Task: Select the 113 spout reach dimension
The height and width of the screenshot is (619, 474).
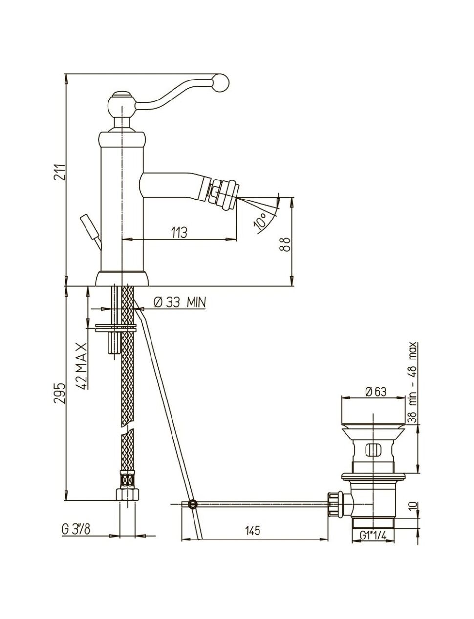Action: coord(179,232)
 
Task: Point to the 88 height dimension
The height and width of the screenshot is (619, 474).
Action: coord(286,244)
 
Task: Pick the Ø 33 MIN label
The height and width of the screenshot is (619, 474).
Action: coord(180,302)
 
